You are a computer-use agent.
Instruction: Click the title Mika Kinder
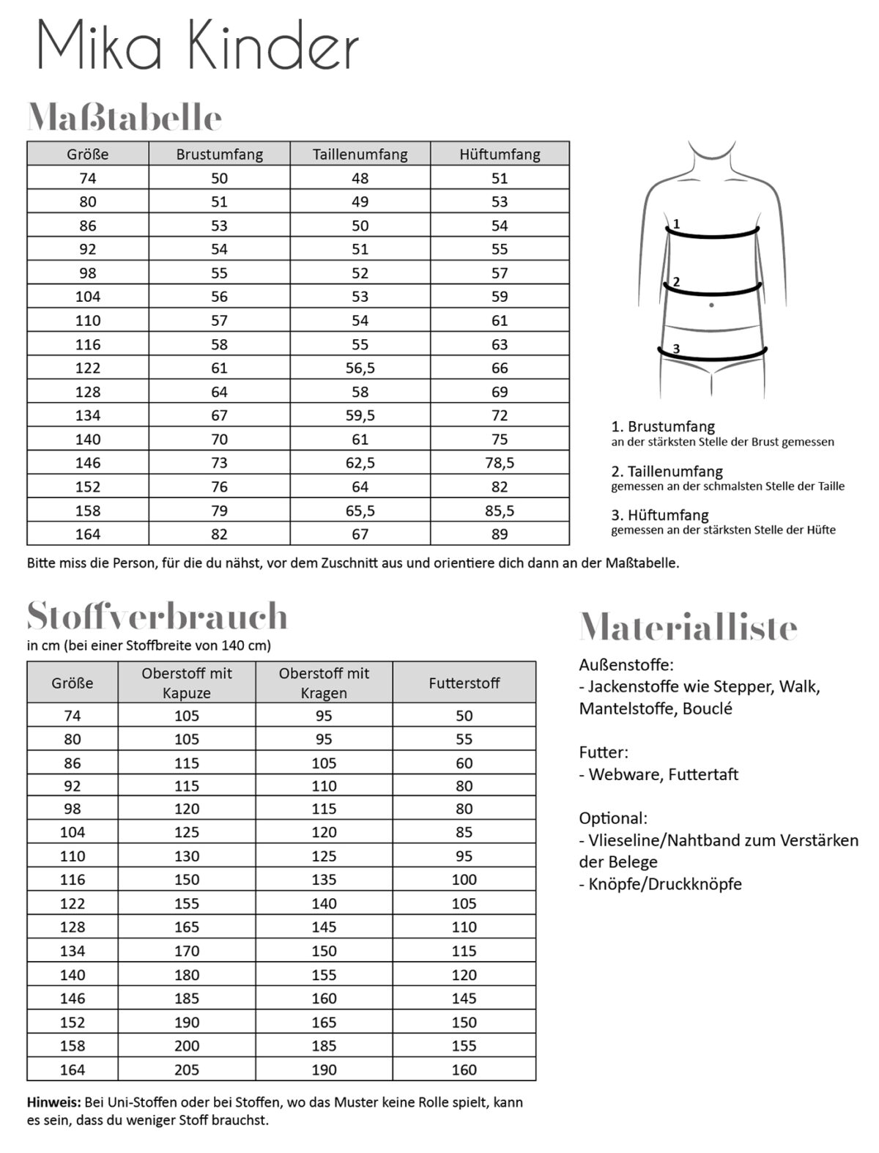coord(197,46)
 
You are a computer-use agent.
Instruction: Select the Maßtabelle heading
coord(125,118)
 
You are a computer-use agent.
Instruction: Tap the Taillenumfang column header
coord(360,154)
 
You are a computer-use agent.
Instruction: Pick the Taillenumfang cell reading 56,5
coord(360,368)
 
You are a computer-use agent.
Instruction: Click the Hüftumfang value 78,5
coord(500,463)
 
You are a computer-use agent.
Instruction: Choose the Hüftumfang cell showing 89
coord(500,534)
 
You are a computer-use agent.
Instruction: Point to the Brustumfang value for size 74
coord(219,178)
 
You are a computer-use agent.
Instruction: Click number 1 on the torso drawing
coord(676,223)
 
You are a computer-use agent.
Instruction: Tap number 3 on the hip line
coord(676,349)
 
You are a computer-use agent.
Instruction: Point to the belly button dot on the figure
coord(711,305)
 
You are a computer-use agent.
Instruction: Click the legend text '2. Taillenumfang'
coord(667,471)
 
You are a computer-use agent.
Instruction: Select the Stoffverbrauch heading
coord(157,616)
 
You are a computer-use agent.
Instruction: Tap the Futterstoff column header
coord(464,683)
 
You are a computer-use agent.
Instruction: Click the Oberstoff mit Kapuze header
coord(187,683)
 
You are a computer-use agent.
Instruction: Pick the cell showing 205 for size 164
coord(187,1069)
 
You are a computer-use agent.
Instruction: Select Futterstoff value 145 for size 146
coord(464,998)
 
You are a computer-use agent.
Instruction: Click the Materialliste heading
coord(688,627)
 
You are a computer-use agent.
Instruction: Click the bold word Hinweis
coord(53,1102)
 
